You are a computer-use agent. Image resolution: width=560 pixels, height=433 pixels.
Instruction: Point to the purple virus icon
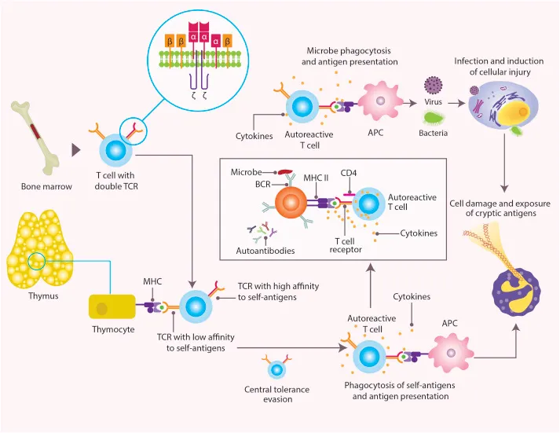tap(433, 85)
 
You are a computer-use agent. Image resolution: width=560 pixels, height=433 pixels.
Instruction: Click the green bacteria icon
tap(434, 118)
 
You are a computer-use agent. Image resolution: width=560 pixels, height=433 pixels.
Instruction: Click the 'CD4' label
tap(350, 171)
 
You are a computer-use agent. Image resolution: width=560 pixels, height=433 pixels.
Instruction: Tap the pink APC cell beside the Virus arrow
tap(380, 102)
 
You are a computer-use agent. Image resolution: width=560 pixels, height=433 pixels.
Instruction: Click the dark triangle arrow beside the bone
tap(77, 149)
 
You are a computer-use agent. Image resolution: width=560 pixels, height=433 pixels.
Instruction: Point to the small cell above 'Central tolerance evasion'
tap(276, 369)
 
